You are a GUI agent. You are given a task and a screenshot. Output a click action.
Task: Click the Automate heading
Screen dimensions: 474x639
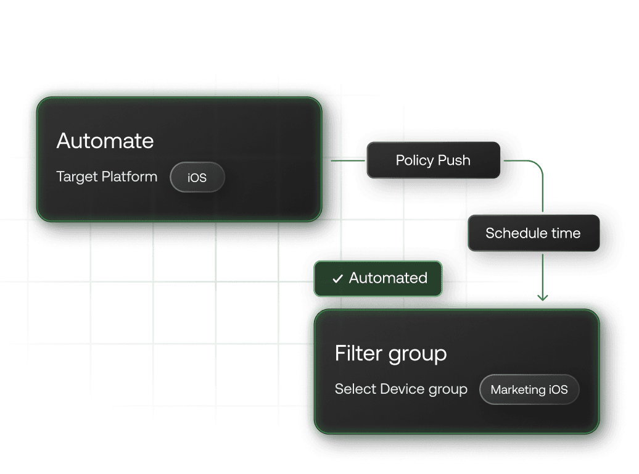coord(105,141)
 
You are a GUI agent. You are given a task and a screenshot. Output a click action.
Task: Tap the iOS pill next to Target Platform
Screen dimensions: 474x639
coord(197,178)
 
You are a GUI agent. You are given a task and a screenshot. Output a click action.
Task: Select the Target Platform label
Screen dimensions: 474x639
coord(107,177)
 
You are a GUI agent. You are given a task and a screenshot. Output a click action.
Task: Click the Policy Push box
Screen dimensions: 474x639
coord(433,160)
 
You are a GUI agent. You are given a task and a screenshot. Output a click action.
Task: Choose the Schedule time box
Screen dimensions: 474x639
coord(533,233)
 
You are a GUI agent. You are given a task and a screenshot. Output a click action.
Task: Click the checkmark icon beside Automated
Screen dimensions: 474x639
coord(337,279)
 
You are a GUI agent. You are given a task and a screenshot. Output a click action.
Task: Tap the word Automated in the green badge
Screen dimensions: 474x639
coord(388,278)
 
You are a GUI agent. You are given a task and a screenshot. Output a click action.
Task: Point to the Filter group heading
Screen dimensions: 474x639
coord(390,354)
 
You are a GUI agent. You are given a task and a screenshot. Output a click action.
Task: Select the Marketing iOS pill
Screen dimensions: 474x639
coord(529,389)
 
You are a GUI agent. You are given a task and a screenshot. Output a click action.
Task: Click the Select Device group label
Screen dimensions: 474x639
coord(401,389)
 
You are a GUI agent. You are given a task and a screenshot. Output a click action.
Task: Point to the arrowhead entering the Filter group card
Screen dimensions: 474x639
coord(542,298)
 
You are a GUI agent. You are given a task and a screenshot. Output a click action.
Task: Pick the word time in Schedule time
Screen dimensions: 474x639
coord(566,233)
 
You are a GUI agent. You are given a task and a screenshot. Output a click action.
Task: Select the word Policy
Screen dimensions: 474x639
coord(414,160)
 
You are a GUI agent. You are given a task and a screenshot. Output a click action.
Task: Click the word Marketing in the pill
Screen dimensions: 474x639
coord(517,389)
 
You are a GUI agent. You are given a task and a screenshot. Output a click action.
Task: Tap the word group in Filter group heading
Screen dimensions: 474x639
coord(418,355)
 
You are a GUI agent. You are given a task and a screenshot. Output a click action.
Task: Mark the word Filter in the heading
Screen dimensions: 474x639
coord(360,354)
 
